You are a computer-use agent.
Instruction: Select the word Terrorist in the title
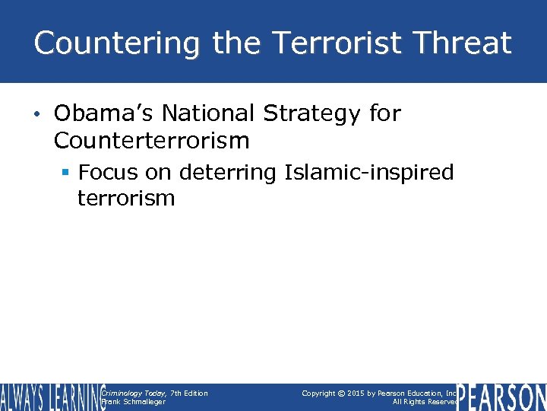330,43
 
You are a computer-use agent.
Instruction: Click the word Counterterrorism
152,140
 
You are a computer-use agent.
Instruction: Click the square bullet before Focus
67,173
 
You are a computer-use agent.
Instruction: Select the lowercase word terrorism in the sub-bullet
126,199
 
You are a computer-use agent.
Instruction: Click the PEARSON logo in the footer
501,397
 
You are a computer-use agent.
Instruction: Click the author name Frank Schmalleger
133,402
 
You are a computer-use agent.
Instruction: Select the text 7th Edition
189,393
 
